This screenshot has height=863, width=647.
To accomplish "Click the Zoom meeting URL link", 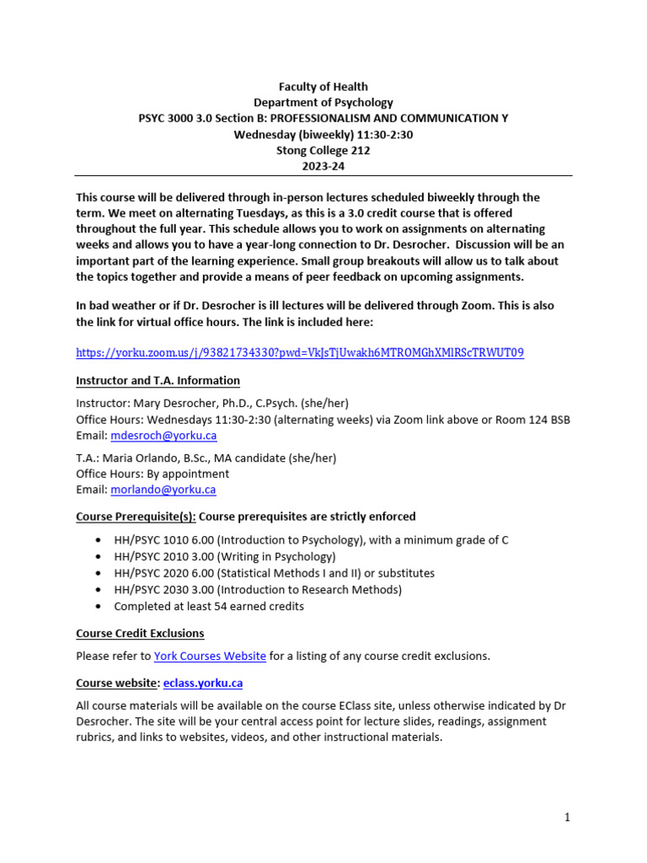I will click(300, 352).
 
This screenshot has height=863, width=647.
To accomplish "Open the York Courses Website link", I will click(211, 656).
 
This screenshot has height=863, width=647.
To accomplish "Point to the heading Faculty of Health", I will click(323, 87).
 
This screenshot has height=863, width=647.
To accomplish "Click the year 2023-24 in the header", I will click(323, 167).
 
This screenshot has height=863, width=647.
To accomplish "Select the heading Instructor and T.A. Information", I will click(158, 381).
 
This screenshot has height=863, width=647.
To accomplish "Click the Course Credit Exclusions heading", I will click(140, 633).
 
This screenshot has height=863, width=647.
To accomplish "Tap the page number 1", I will click(568, 817).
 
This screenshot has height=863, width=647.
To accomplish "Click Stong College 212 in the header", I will click(323, 151).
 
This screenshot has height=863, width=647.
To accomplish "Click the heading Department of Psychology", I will click(323, 103).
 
